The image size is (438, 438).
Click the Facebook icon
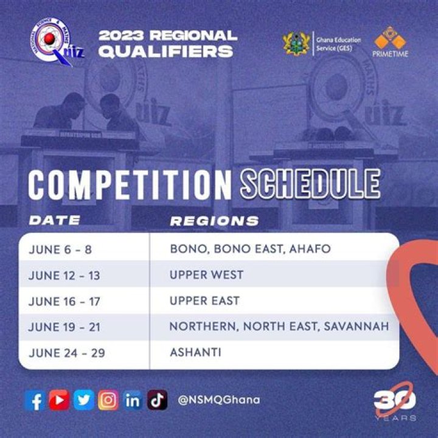coord(35,400)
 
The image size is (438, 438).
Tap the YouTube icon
coord(59,400)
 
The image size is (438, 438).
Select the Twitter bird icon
coord(83,400)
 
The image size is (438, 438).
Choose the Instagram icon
coord(108,400)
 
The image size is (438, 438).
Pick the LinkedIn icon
coord(133,400)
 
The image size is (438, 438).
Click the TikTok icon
coord(157,400)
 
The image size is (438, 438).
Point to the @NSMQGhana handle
coord(219,400)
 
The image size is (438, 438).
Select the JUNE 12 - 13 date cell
coord(64,276)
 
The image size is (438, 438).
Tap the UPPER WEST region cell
coord(207,275)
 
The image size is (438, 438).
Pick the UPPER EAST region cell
coord(205,301)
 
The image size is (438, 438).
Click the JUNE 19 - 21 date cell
coord(64,327)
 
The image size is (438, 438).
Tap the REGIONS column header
coord(214,221)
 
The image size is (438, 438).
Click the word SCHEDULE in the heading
coord(310,184)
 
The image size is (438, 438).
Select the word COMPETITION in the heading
coord(130,184)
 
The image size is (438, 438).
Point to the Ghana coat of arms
coord(297,44)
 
